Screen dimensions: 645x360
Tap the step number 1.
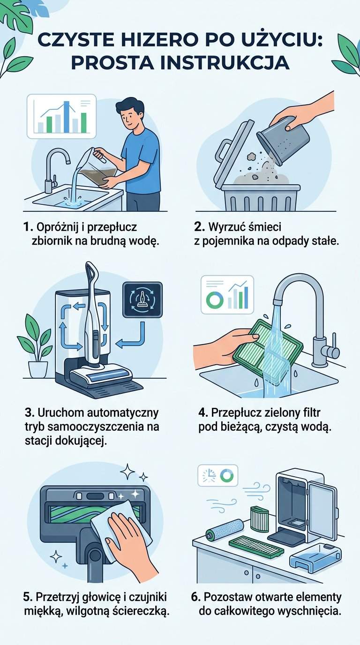(28, 227)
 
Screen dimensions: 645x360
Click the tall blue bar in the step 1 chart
(67, 117)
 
